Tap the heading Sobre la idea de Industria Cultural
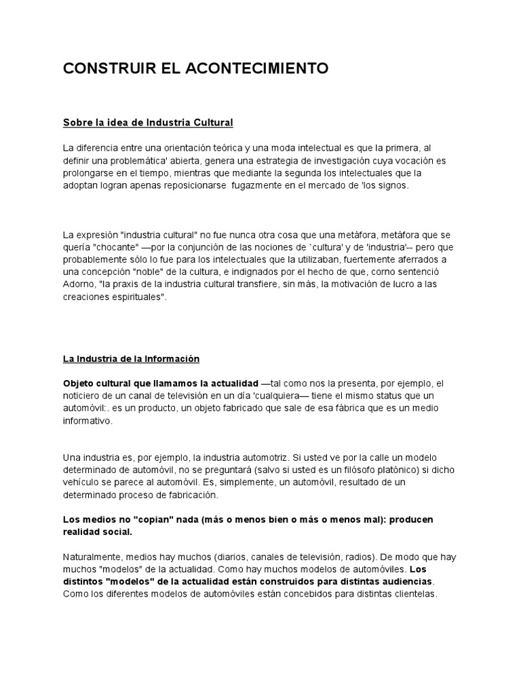pyautogui.click(x=148, y=123)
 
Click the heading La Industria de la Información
pyautogui.click(x=131, y=358)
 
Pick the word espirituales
pyautogui.click(x=136, y=297)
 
